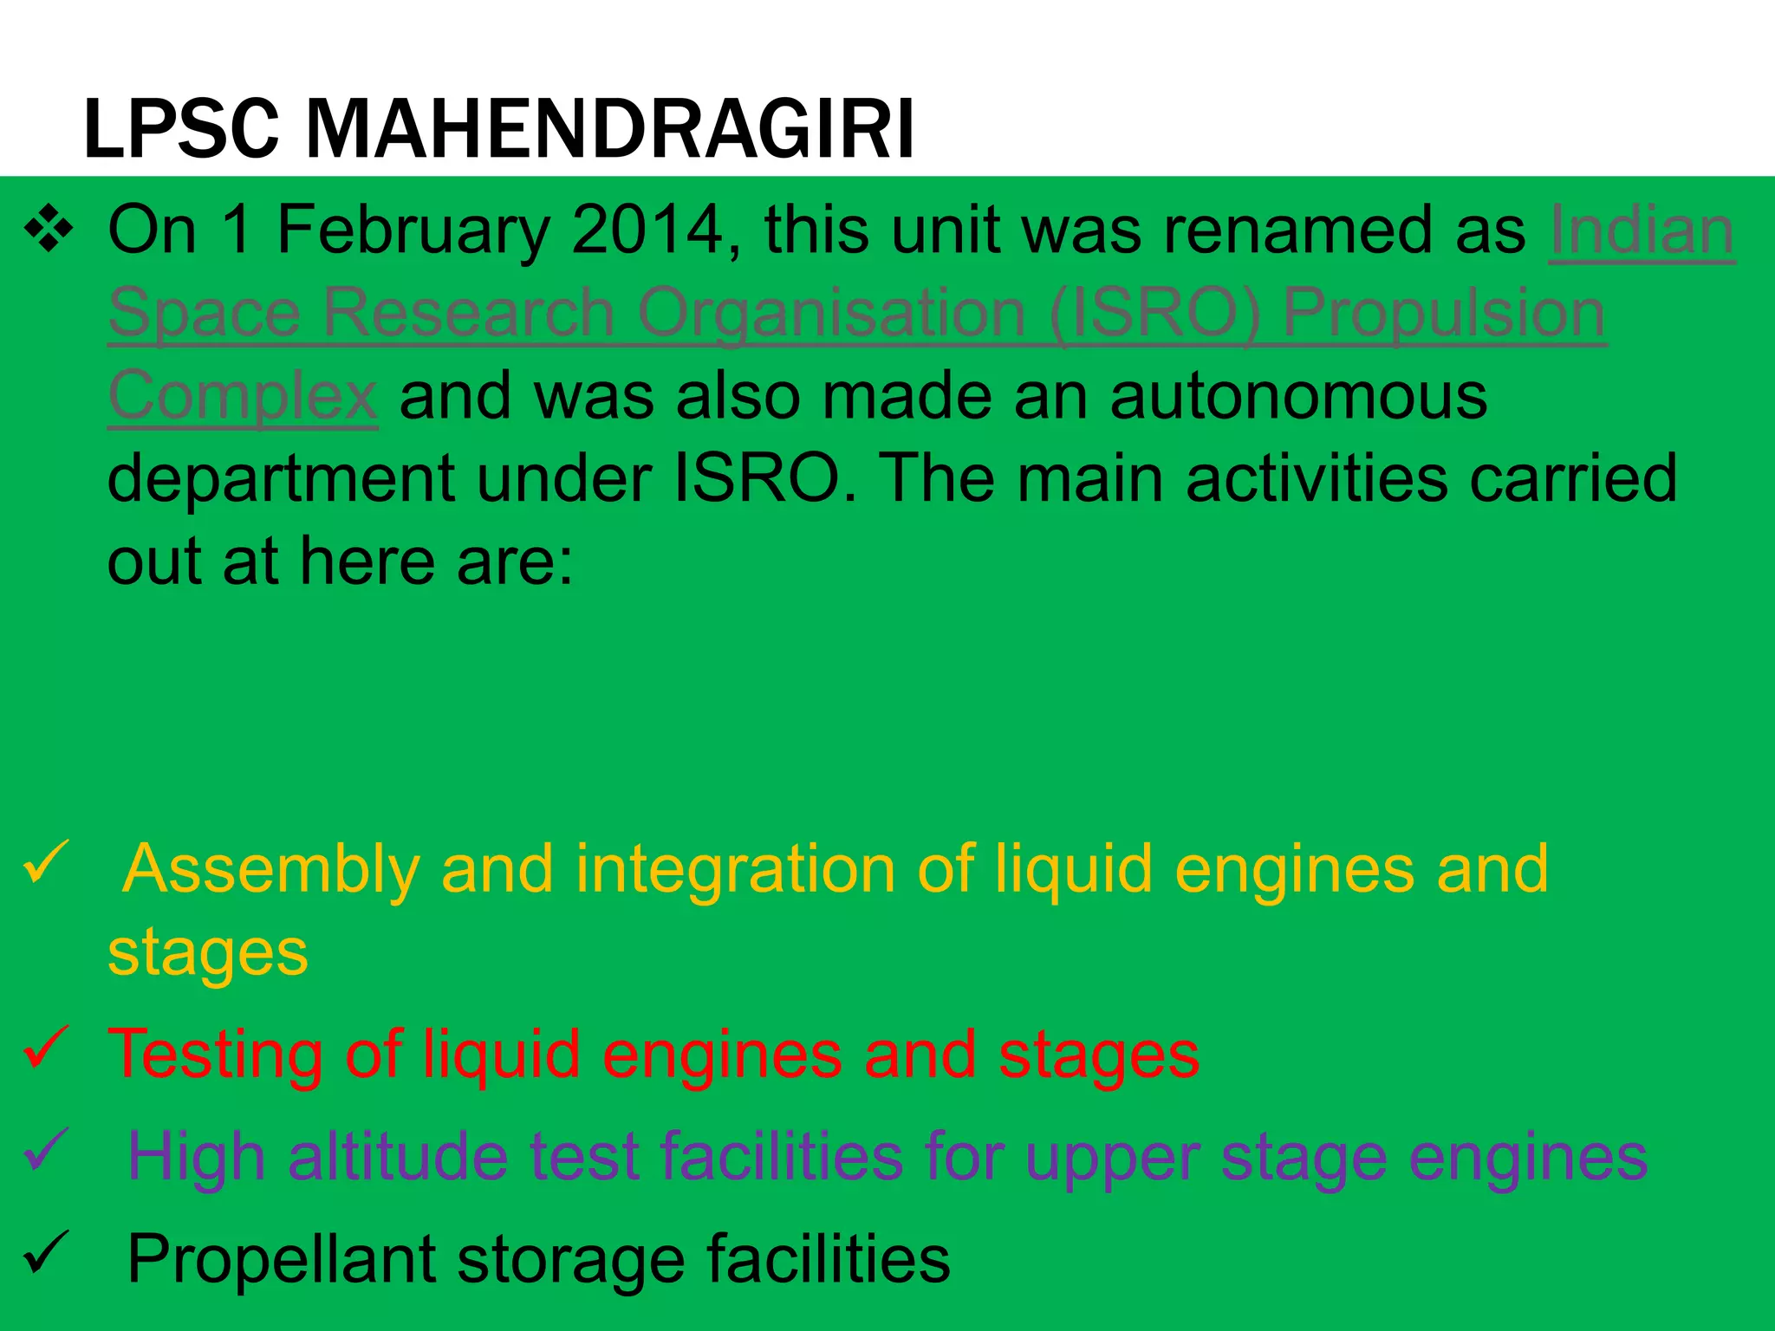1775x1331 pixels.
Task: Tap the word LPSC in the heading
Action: (x=181, y=130)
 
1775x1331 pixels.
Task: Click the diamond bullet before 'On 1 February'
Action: (x=49, y=230)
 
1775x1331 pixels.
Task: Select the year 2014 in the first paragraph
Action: (x=647, y=230)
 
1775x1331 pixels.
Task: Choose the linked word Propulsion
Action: (x=1444, y=314)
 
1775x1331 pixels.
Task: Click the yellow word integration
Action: (x=735, y=870)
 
